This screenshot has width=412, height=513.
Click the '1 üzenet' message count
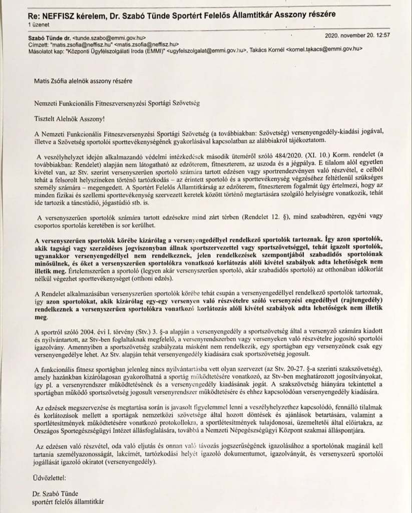(x=37, y=24)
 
